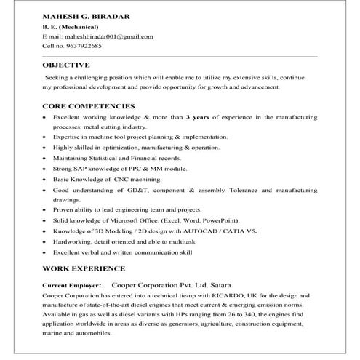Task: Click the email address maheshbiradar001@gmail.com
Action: pos(108,36)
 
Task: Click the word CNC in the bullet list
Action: pos(121,178)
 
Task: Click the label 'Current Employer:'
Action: pos(73,286)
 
